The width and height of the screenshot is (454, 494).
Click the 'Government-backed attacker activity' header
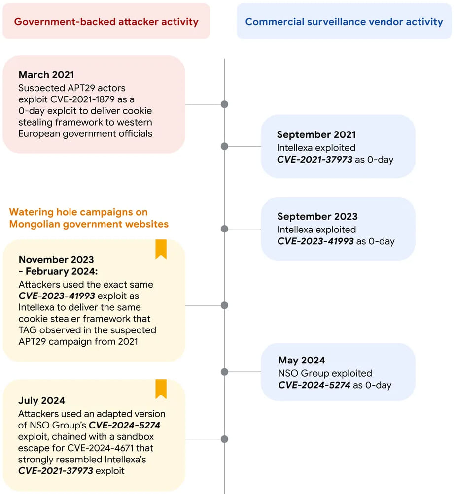[106, 21]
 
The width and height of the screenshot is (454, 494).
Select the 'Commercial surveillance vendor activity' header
[344, 21]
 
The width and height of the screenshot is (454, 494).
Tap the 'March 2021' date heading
[46, 75]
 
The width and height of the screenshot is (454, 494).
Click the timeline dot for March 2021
[224, 104]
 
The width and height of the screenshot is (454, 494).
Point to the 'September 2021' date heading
[316, 134]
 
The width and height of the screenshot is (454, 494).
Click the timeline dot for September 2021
[224, 146]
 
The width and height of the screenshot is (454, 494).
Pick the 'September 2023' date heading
[317, 216]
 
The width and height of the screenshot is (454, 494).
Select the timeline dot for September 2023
[224, 229]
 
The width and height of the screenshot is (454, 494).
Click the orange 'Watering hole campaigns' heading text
[89, 218]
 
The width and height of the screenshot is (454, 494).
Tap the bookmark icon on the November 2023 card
[161, 249]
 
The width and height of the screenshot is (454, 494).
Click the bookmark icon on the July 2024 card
[161, 389]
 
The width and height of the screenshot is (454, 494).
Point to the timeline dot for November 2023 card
[224, 305]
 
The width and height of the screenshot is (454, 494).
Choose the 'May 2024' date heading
[302, 360]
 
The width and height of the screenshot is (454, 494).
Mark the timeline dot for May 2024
[224, 372]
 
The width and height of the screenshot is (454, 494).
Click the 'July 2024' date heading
[41, 400]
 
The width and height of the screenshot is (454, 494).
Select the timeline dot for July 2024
[224, 439]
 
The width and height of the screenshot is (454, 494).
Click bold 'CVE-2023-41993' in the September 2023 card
[315, 241]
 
